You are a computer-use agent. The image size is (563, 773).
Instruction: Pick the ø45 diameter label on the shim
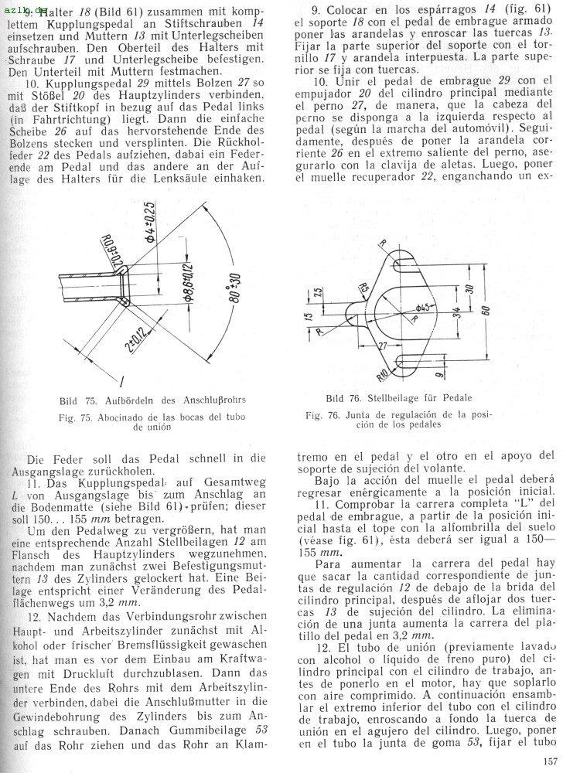click(x=425, y=303)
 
